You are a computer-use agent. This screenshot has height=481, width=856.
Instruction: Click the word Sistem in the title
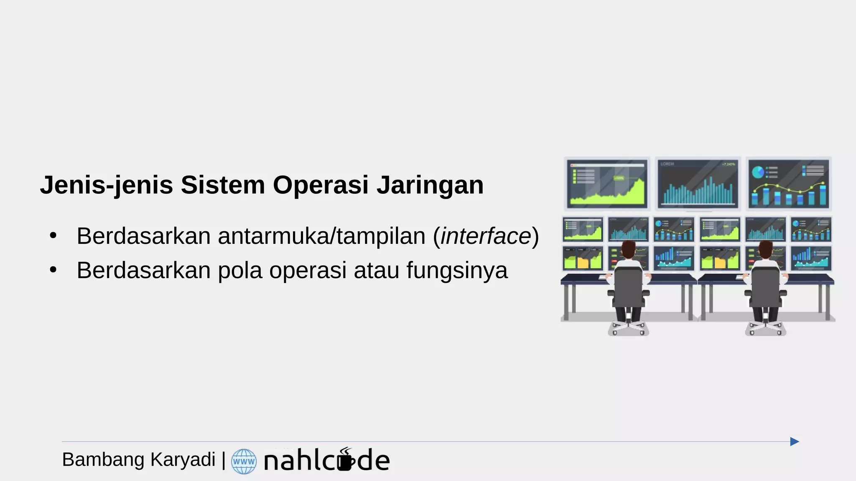click(223, 185)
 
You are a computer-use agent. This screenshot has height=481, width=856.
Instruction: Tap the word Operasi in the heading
click(321, 185)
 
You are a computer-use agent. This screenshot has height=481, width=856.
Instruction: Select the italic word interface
click(486, 236)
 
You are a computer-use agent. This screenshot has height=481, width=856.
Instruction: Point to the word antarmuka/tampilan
click(321, 236)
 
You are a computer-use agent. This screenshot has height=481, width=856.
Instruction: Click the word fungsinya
click(457, 270)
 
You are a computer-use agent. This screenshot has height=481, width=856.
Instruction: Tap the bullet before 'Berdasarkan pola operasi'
click(53, 270)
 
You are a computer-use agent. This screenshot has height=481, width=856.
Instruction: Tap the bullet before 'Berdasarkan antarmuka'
click(53, 236)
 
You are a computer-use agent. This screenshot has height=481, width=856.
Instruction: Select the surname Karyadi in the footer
click(183, 460)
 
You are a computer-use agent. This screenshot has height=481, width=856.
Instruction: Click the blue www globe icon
click(244, 461)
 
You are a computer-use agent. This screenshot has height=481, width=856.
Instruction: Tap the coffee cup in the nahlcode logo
click(345, 460)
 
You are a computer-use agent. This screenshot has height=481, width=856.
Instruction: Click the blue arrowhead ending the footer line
click(795, 441)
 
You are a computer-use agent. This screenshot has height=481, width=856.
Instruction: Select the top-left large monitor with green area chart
click(606, 183)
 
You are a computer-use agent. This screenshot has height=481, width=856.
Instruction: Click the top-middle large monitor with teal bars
click(698, 183)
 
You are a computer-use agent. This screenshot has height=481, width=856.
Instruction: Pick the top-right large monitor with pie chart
click(788, 183)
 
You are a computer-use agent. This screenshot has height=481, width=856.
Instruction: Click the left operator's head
click(628, 249)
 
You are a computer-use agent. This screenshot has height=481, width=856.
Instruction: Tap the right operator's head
click(765, 249)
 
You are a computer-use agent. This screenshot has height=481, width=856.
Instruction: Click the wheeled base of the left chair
click(628, 328)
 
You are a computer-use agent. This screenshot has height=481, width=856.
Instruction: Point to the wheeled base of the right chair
click(765, 328)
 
